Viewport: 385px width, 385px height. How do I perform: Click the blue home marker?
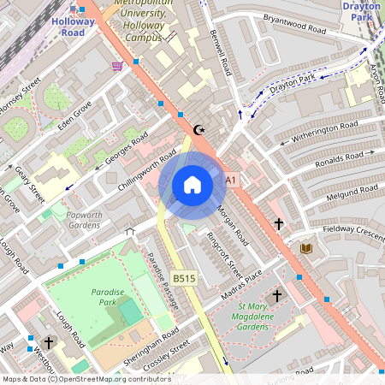[x=192, y=185]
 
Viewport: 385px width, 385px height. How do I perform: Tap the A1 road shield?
[x=230, y=181]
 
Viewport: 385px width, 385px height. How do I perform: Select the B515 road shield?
[x=182, y=278]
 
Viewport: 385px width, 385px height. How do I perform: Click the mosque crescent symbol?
[x=201, y=130]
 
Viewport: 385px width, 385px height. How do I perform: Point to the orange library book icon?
[x=306, y=248]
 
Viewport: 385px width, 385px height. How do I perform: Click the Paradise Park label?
[x=109, y=297]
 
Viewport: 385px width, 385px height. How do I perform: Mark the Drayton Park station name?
[x=363, y=10]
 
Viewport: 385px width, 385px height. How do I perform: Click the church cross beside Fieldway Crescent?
[x=278, y=224]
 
